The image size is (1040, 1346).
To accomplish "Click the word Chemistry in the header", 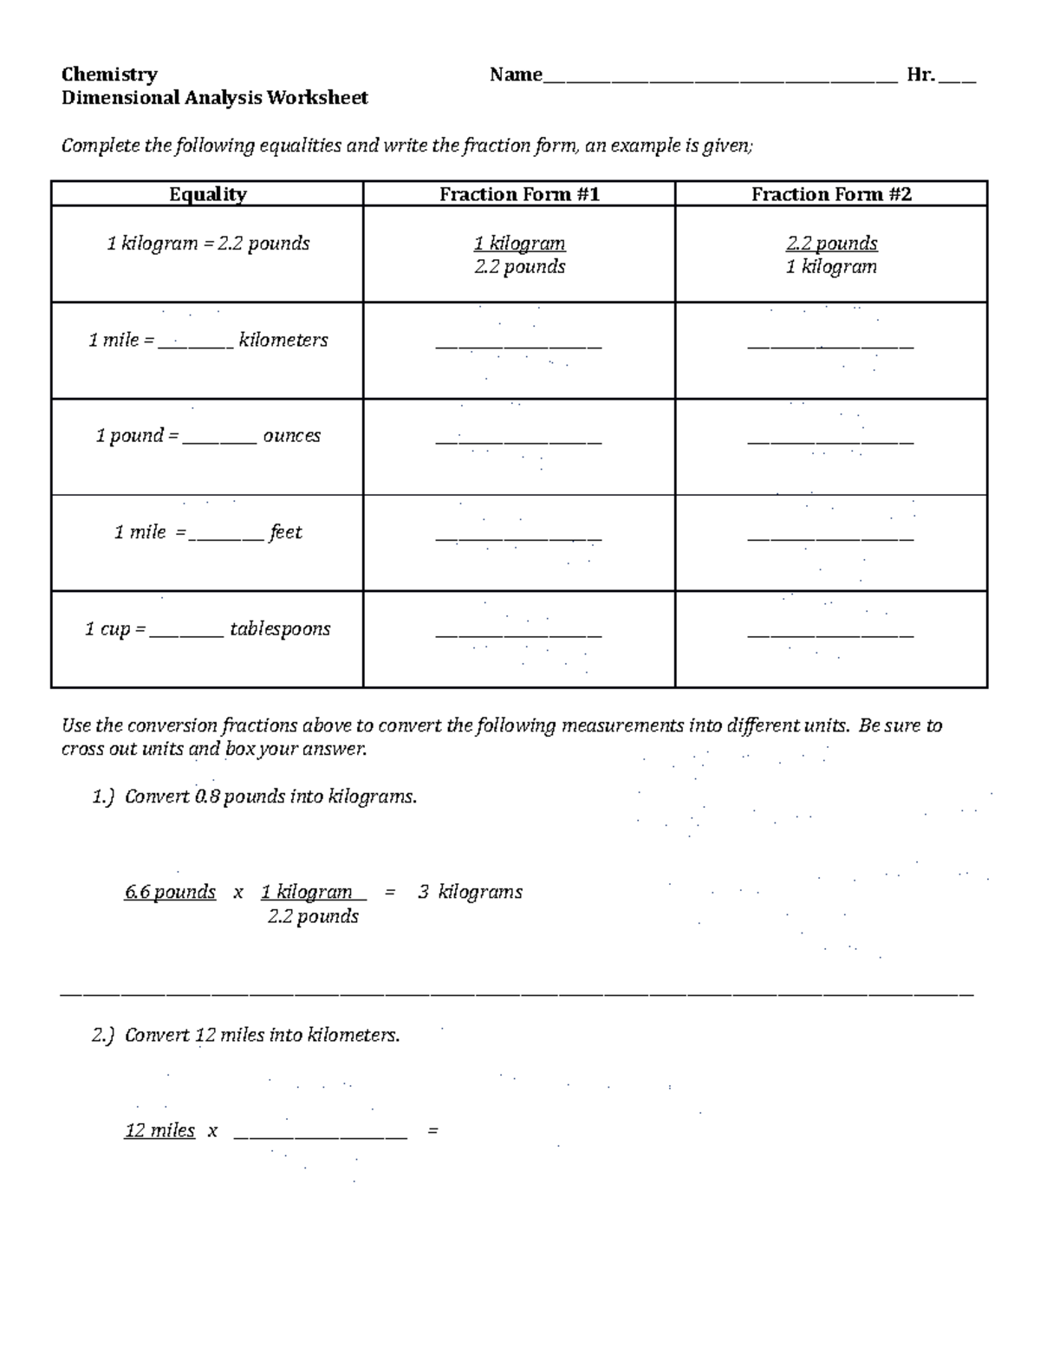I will (x=109, y=75).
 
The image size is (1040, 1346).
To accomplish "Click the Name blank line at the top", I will (x=719, y=80).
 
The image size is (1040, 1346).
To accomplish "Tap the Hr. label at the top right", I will (x=920, y=75).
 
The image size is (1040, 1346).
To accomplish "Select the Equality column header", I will (x=207, y=194).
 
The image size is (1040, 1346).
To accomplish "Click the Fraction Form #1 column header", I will (x=519, y=194).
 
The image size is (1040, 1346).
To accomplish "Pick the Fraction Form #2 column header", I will (x=831, y=194).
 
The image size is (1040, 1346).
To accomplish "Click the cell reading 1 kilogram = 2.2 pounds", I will (x=208, y=244).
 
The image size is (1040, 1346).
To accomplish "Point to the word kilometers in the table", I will (x=283, y=340).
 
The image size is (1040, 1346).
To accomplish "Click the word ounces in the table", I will (x=291, y=436).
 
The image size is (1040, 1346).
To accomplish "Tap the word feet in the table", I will (x=285, y=532).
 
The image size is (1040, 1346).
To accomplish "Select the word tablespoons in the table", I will (x=280, y=629).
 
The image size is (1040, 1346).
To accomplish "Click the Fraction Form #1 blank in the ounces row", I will (x=518, y=442).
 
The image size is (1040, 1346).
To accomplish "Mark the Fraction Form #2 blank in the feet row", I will (x=830, y=538).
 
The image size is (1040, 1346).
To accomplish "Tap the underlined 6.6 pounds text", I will (x=170, y=892).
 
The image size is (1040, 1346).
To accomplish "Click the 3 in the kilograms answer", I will (x=423, y=892).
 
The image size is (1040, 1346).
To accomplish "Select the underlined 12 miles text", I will (x=160, y=1130).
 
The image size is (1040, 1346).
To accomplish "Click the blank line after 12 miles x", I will (x=320, y=1135).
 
